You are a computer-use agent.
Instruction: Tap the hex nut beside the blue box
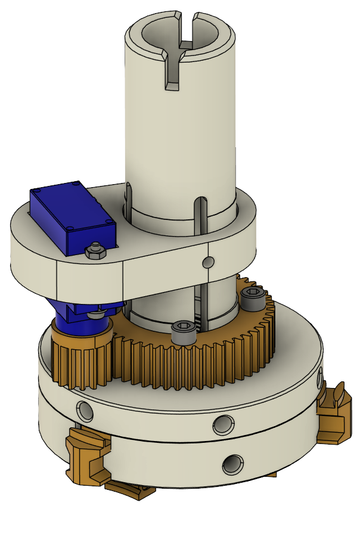(x=94, y=250)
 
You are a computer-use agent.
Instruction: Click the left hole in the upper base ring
(x=84, y=409)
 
